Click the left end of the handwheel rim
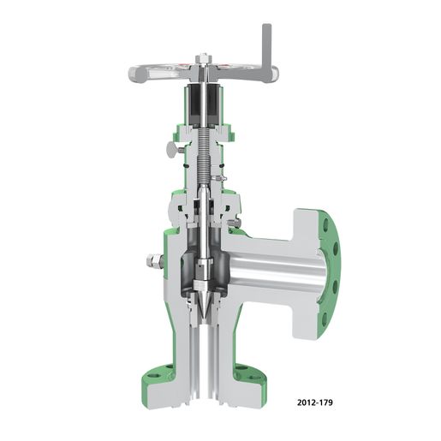pos(134,74)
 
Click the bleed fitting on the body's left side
pos(152,260)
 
